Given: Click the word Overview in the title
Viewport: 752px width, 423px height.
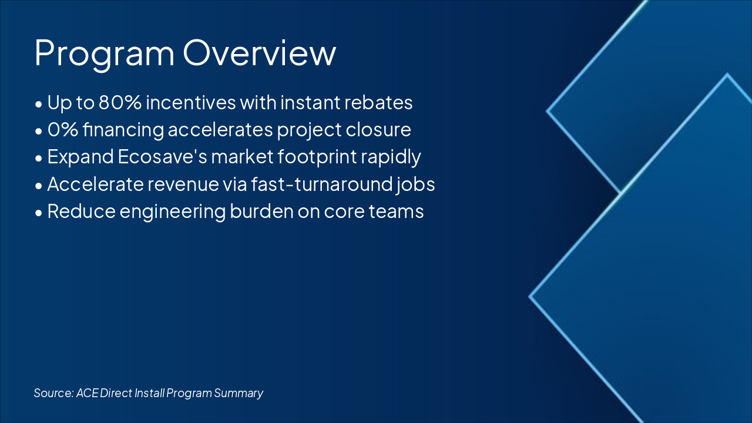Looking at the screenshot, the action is coord(259,53).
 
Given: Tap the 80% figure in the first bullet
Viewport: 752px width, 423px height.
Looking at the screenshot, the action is coord(120,102).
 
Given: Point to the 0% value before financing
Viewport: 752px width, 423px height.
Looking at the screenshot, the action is coord(63,130).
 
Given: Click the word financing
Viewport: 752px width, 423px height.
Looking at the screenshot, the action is coord(123,130).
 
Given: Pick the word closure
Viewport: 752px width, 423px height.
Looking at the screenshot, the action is coord(378,130).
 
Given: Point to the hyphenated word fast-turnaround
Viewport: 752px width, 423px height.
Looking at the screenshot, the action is coord(321,184).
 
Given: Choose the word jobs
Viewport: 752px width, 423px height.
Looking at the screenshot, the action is coord(415,185).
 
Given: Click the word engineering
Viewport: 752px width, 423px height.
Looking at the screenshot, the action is coord(173,212).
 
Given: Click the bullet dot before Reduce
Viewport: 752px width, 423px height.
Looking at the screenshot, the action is coord(39,213).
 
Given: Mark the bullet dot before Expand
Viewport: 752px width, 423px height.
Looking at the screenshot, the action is coord(39,158).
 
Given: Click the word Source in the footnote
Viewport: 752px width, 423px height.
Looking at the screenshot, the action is coord(53,393).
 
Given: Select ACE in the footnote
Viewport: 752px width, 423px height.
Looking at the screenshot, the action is coord(88,393).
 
